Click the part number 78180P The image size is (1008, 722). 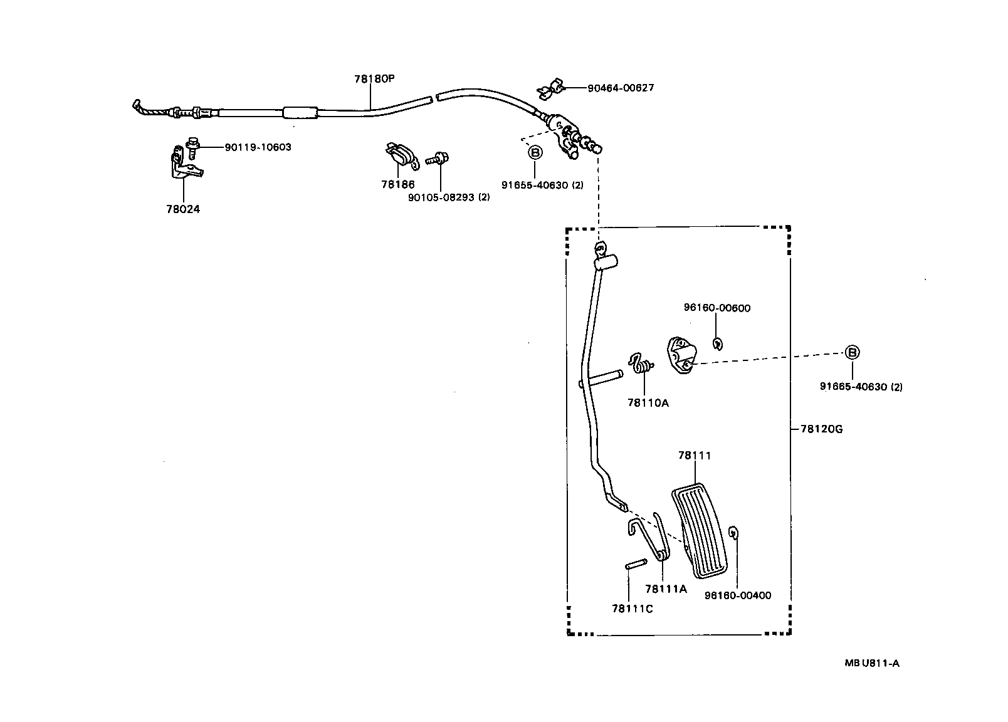click(x=374, y=79)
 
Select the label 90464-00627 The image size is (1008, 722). click(x=620, y=88)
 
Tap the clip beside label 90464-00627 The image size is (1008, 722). click(x=550, y=89)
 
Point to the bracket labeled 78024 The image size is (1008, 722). click(x=184, y=165)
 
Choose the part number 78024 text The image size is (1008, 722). click(x=183, y=209)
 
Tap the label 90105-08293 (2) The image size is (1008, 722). click(x=448, y=197)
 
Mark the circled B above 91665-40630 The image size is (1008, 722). click(x=852, y=353)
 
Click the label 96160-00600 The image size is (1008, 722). click(x=717, y=308)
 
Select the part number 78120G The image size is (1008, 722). click(x=821, y=429)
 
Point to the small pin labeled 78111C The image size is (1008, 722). click(x=636, y=563)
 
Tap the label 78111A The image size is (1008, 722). click(x=666, y=589)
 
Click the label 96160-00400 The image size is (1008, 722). click(x=737, y=595)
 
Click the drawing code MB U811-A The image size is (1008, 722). click(x=871, y=664)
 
